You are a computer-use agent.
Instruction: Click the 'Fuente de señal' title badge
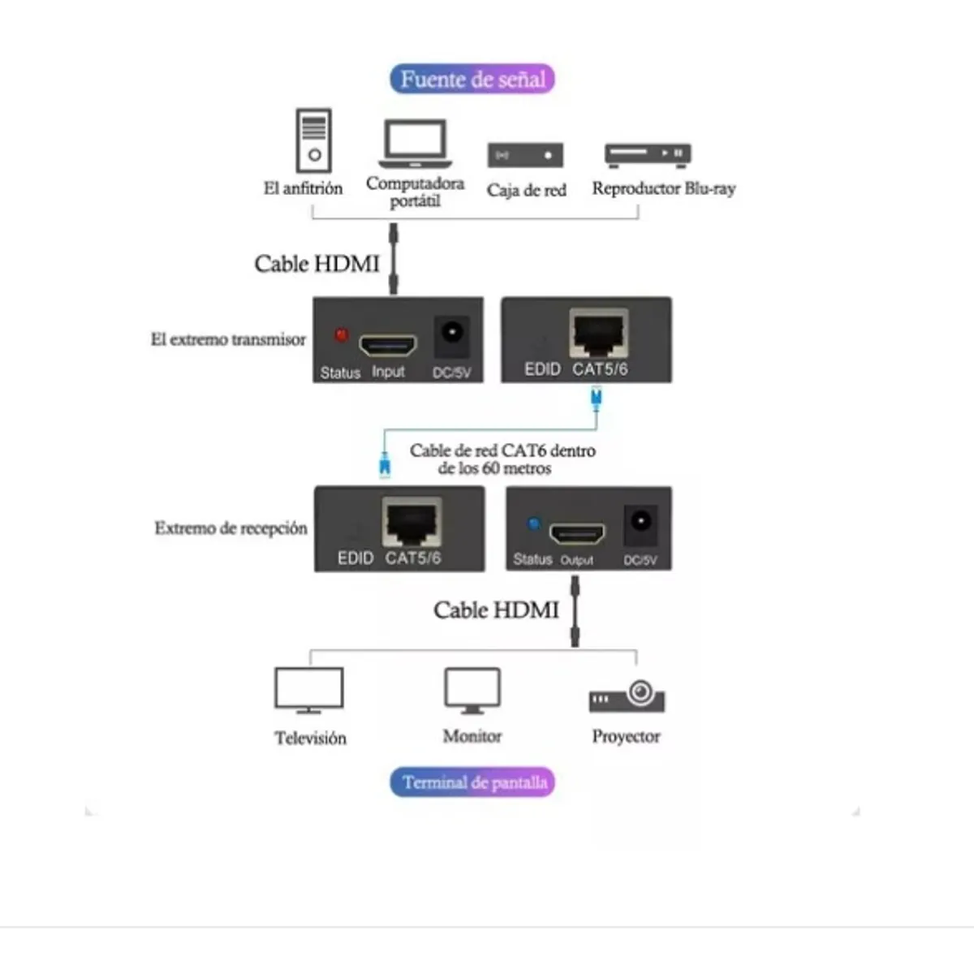tap(472, 79)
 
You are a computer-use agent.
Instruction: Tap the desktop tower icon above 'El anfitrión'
tap(314, 140)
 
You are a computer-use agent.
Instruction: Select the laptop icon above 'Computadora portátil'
tap(415, 144)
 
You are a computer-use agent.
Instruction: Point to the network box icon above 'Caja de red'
tap(525, 155)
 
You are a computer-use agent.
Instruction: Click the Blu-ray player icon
tap(647, 153)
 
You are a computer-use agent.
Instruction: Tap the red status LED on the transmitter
tap(341, 334)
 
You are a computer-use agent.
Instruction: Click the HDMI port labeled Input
tap(387, 345)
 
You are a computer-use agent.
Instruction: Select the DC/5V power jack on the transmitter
tap(451, 334)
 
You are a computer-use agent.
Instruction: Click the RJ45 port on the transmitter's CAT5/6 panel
tap(598, 332)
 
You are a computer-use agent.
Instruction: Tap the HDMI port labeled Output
tap(577, 535)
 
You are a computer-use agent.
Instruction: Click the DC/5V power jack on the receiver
tap(640, 524)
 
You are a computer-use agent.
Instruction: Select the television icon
tap(309, 690)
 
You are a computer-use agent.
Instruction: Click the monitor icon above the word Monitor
tap(472, 690)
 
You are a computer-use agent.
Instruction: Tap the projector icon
tap(627, 696)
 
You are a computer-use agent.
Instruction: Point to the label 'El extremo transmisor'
tap(228, 339)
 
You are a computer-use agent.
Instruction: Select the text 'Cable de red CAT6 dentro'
tap(502, 450)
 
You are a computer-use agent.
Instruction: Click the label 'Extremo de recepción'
tap(231, 528)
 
